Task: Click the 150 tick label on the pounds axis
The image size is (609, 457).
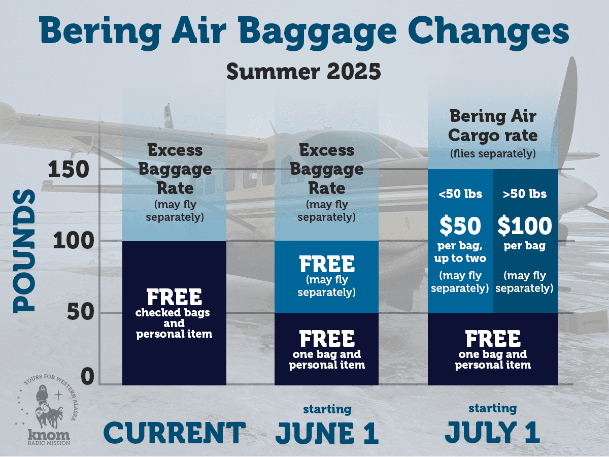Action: (x=69, y=169)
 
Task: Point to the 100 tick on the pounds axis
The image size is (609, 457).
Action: (x=74, y=241)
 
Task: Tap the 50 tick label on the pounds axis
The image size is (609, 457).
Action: (x=81, y=312)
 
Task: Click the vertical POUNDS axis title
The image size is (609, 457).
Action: (x=24, y=251)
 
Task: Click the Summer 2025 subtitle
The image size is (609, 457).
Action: (x=303, y=72)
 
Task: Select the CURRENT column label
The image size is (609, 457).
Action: (x=174, y=433)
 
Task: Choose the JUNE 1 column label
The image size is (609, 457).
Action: (x=327, y=433)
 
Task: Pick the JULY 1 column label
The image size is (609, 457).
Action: (x=493, y=432)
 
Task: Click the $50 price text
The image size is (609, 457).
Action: (x=460, y=226)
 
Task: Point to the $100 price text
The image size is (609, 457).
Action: (x=525, y=226)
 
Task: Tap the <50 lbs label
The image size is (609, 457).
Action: (x=460, y=194)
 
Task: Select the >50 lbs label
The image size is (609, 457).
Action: (x=525, y=194)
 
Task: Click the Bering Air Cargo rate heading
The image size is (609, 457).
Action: (x=493, y=126)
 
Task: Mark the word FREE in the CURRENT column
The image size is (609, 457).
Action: (x=174, y=297)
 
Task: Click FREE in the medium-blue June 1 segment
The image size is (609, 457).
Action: (x=327, y=264)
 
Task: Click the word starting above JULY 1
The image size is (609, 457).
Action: (x=493, y=409)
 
